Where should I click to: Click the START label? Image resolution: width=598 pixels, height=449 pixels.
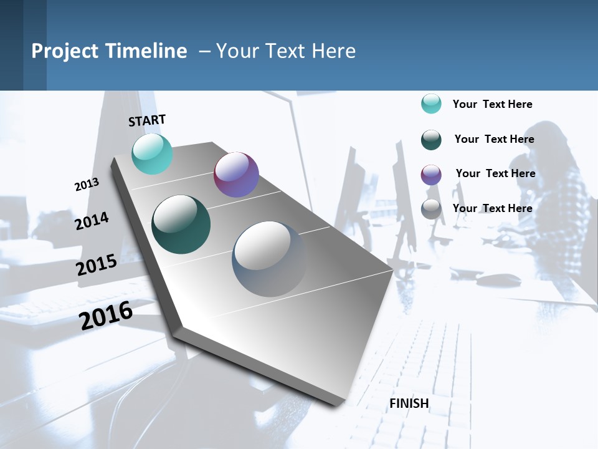coord(147,120)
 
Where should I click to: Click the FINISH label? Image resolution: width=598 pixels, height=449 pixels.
coord(409,403)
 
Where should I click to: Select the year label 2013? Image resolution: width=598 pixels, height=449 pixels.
coord(87,185)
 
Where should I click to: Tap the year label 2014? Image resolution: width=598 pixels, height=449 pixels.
coord(92,221)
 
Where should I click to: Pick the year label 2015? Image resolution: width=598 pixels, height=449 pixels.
coord(97,264)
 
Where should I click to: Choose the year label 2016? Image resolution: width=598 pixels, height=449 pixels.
coord(106,315)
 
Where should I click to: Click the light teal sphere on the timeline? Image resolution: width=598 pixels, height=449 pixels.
coord(152,153)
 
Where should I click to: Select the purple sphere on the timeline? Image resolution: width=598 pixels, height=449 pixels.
coord(236,175)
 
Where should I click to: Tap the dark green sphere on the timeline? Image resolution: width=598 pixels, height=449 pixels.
coord(181,224)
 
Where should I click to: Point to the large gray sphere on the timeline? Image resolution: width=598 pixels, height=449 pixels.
coord(269,259)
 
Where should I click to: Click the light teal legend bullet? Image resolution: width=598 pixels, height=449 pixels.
coord(431,104)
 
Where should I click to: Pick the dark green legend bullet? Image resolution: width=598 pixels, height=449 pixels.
coord(431,140)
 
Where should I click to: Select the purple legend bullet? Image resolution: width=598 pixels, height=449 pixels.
coord(431,175)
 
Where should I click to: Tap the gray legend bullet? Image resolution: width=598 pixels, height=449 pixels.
coord(431,209)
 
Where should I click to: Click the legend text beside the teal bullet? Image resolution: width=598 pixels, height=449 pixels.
coord(492,104)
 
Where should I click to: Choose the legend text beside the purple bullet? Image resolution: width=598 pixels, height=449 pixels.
coord(495,173)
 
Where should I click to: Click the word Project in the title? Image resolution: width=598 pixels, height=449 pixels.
coord(65,51)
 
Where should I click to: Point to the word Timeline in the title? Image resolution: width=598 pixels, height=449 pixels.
coord(146,51)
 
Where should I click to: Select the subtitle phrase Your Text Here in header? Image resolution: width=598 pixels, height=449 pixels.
coord(286,51)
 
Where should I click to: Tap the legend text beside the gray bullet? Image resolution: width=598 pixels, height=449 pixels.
coord(492,208)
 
